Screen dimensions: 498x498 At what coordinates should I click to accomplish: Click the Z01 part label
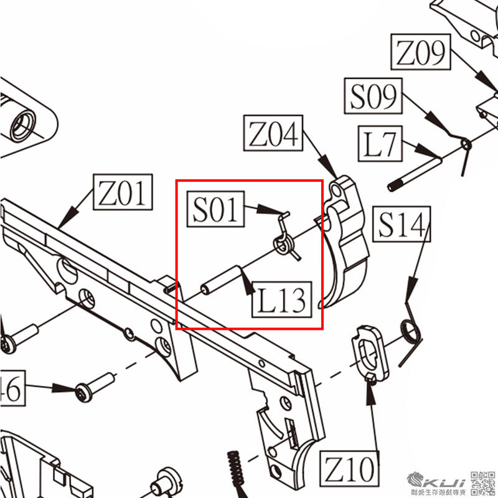pyautogui.click(x=123, y=192)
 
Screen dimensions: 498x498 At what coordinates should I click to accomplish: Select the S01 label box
pyautogui.click(x=215, y=209)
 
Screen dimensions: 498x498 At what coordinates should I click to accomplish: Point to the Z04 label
pyautogui.click(x=275, y=133)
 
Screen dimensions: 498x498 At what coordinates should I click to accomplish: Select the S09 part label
pyautogui.click(x=373, y=96)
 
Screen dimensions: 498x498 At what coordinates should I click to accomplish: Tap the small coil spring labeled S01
pyautogui.click(x=284, y=240)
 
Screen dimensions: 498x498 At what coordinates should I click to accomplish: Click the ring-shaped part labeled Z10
pyautogui.click(x=370, y=352)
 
